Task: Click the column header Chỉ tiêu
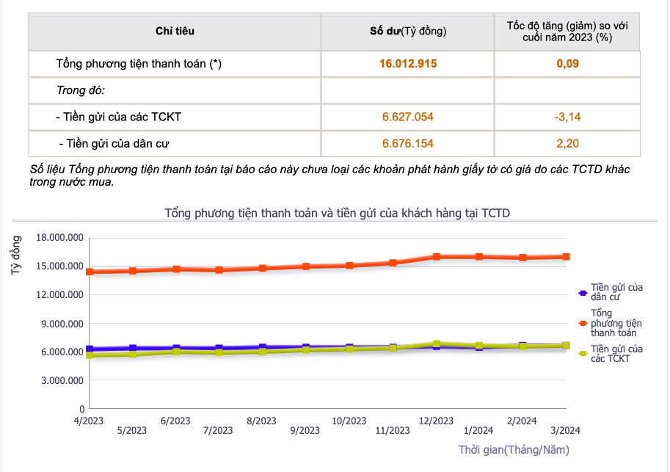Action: click(175, 31)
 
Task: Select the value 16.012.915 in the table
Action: click(408, 64)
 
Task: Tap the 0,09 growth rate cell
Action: click(567, 64)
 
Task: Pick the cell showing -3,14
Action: click(567, 117)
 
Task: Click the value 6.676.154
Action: click(407, 143)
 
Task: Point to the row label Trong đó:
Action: click(81, 90)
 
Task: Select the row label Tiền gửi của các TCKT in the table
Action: click(119, 117)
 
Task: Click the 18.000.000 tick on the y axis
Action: click(60, 237)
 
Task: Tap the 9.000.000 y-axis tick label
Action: click(62, 324)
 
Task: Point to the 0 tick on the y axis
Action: click(81, 409)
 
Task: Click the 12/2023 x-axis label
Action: click(436, 421)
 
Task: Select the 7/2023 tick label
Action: click(218, 430)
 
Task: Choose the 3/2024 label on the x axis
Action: click(565, 430)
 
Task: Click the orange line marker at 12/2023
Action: click(436, 256)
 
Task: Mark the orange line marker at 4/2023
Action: click(90, 272)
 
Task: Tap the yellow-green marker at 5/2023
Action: click(133, 354)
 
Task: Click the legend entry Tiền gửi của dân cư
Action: click(611, 292)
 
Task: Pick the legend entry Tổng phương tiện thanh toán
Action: click(611, 323)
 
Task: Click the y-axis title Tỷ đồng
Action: click(16, 255)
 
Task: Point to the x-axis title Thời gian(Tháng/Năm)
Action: click(514, 450)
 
